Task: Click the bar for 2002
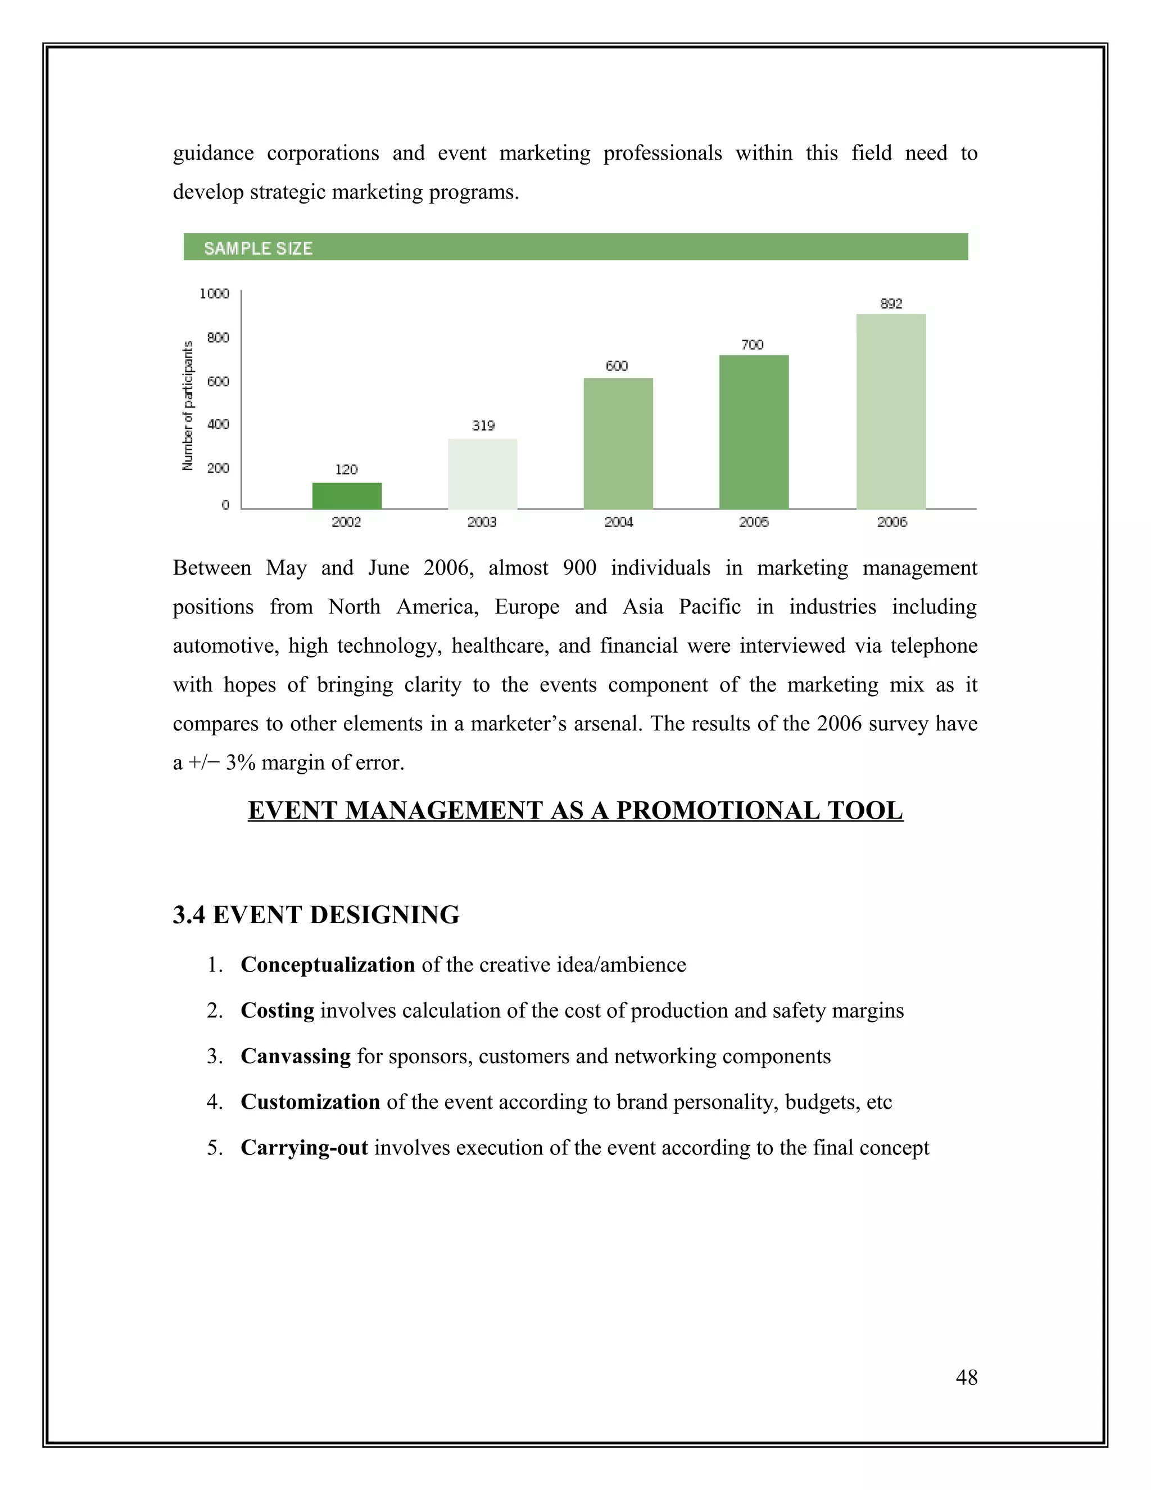coord(347,496)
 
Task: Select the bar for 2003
coord(483,474)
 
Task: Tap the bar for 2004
coord(618,444)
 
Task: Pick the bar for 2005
coord(754,432)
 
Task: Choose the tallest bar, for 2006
coord(891,412)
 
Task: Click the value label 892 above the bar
coord(891,304)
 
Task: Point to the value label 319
coord(483,426)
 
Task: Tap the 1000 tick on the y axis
coord(214,294)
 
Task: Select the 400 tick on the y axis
coord(218,425)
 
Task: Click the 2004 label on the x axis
coord(618,522)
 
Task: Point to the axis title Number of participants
coord(188,406)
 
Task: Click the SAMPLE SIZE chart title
coord(259,249)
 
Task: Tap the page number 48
coord(966,1378)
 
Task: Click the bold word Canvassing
coord(296,1056)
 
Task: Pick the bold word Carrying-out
coord(305,1148)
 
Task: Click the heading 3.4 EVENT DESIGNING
coord(316,915)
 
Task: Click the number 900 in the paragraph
coord(579,568)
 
